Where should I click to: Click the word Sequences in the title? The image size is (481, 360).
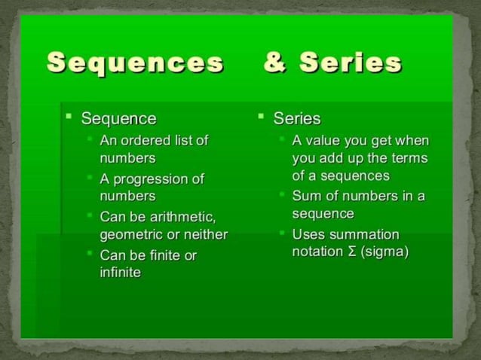click(x=135, y=63)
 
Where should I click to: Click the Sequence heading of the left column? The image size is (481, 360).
click(x=118, y=118)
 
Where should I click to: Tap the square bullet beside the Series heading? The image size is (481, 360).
click(x=260, y=117)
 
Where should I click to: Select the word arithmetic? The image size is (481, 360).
click(x=184, y=218)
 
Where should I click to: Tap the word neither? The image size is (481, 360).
click(x=204, y=235)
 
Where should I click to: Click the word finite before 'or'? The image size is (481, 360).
click(x=164, y=256)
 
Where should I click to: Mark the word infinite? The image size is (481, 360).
click(x=121, y=273)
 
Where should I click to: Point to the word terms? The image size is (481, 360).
click(x=410, y=158)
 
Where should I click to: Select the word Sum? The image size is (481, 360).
click(x=306, y=196)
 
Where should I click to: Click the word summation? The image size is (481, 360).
click(x=367, y=234)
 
